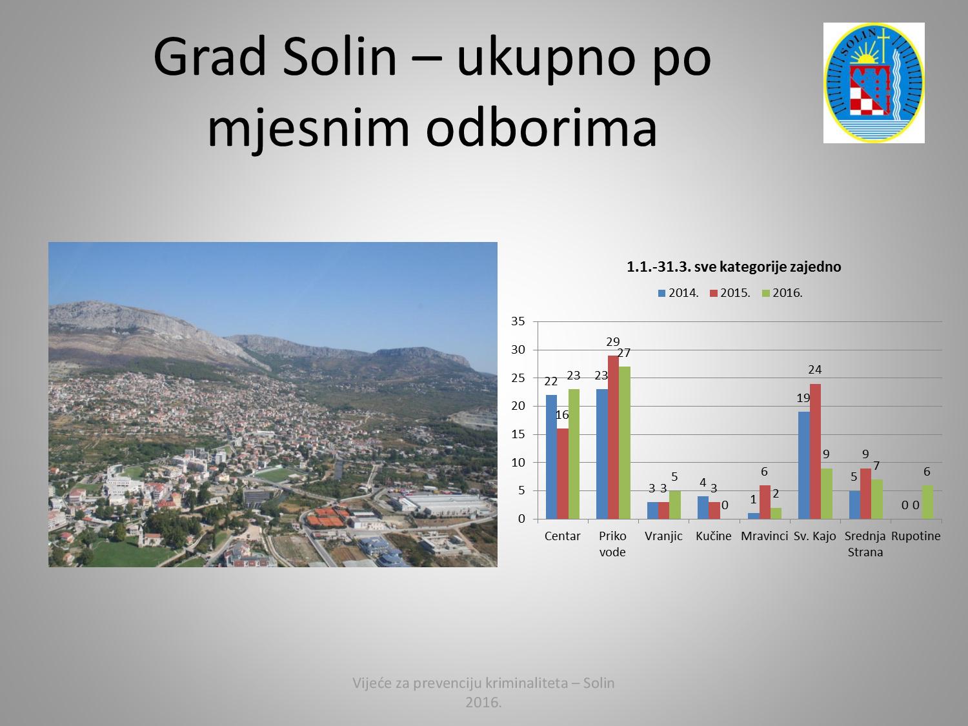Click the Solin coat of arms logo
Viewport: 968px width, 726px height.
pos(874,83)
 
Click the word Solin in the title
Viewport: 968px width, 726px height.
pos(339,57)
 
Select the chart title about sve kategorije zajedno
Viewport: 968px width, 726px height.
pos(734,267)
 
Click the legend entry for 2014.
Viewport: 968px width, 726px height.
pos(678,293)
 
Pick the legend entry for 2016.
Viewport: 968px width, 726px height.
pos(782,293)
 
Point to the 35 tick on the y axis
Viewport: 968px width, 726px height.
pos(518,321)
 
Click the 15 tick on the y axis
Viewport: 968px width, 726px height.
pos(518,434)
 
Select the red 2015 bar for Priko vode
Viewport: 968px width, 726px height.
pos(613,438)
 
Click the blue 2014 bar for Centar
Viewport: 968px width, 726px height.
pos(551,457)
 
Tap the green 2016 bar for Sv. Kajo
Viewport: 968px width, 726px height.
pos(827,494)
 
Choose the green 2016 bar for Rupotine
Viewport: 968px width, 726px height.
pos(927,502)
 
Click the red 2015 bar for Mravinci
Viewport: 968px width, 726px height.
pos(765,502)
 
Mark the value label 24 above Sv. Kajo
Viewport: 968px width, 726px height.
pos(815,370)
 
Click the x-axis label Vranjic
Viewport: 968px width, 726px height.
pos(663,536)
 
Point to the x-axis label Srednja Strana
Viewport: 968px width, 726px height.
pos(865,544)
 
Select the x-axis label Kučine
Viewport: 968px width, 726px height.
pos(714,536)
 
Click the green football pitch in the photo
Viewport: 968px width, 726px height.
pos(277,475)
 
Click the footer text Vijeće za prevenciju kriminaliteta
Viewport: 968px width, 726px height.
pos(460,683)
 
